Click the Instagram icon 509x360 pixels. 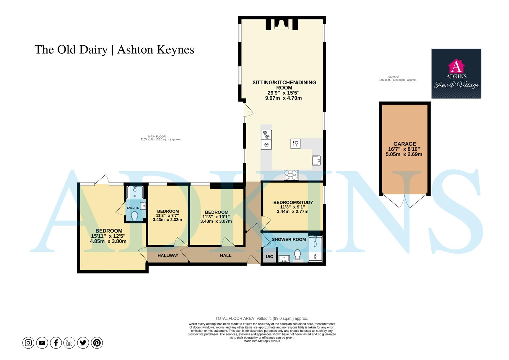28,343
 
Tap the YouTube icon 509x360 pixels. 42,343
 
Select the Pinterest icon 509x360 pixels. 97,343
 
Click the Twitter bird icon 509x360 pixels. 83,343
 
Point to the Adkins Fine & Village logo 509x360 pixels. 456,74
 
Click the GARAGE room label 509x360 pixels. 404,144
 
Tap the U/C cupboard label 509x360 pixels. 269,257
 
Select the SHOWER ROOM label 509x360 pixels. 289,239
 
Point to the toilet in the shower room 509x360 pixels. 297,255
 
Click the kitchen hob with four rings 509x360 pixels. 291,175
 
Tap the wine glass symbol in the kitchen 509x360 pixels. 295,144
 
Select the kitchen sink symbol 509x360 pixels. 317,161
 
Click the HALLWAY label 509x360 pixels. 168,255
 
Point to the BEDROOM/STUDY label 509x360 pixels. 293,202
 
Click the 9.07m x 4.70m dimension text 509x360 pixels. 283,98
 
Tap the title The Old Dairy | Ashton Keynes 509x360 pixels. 114,50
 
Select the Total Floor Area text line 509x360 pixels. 261,318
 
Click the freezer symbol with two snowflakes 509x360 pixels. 266,135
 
